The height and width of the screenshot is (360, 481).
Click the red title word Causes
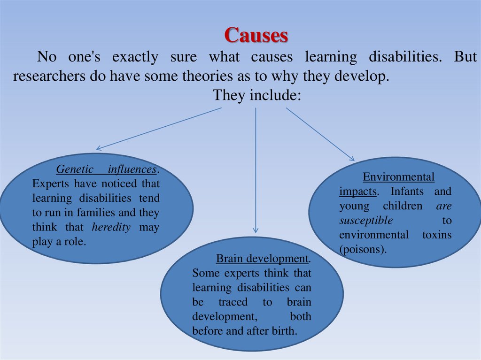point(256,35)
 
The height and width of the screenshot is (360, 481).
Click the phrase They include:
point(256,95)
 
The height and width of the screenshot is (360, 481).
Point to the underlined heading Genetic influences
point(107,169)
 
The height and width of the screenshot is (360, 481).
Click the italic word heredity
point(111,228)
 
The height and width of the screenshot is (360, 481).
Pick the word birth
point(285,331)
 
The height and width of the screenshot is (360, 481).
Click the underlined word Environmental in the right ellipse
point(398,177)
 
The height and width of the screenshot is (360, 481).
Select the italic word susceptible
point(365,221)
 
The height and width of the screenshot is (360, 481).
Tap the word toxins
point(436,235)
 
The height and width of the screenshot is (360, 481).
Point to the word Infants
point(407,191)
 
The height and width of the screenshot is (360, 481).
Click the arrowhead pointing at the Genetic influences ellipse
point(99,149)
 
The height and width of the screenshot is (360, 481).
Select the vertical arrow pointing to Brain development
point(256,169)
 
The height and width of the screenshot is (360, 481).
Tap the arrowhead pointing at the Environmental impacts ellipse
point(352,158)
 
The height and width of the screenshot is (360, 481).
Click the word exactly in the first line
point(135,57)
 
